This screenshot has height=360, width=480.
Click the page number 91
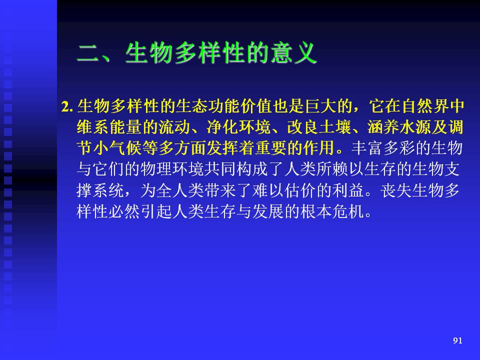pos(457,340)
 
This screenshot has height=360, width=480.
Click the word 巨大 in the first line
pos(320,106)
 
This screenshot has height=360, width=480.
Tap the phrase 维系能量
pos(109,127)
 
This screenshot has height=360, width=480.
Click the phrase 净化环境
pos(238,127)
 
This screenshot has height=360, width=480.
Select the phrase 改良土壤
pos(319,127)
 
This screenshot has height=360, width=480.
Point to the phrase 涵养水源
pos(399,127)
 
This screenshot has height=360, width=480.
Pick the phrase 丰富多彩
pos(383,148)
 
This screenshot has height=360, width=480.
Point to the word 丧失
pos(396,190)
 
